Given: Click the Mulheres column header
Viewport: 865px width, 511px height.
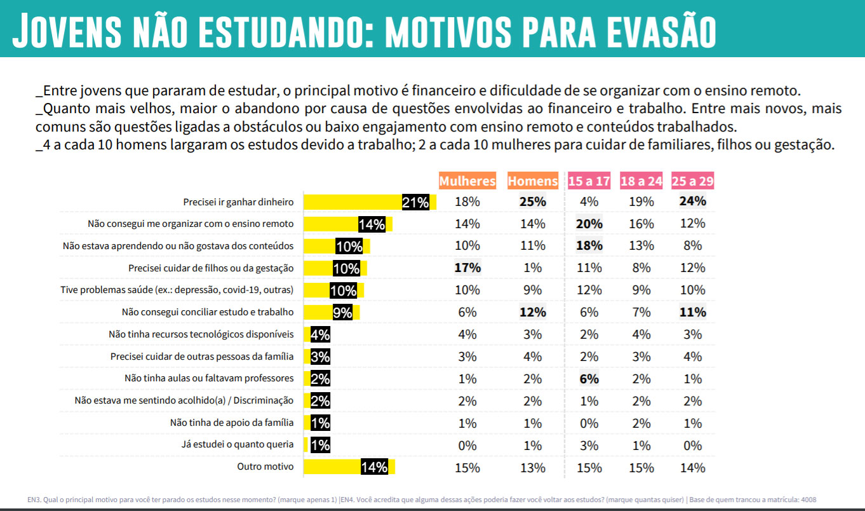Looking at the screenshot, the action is [x=467, y=181].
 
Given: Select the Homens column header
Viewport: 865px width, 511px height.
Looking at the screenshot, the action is [x=533, y=181].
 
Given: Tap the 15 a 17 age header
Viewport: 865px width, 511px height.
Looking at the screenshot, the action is [x=589, y=181].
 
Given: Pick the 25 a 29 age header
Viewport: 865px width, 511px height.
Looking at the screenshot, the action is [x=693, y=181].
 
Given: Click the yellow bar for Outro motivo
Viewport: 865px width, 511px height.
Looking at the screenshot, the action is [x=349, y=467].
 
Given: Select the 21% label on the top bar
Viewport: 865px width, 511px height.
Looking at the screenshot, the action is [x=415, y=202].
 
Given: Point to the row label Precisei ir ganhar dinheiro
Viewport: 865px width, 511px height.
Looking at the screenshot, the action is [x=238, y=202].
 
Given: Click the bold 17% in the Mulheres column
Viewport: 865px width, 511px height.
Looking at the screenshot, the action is [x=467, y=268].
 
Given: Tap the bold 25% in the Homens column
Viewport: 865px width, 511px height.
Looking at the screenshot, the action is [x=533, y=201].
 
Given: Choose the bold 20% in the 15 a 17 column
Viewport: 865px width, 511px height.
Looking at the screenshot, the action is [x=589, y=224].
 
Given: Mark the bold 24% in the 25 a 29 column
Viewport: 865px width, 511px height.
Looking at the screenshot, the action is [x=693, y=201].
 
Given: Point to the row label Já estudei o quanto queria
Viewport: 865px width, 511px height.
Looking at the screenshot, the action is [x=238, y=444].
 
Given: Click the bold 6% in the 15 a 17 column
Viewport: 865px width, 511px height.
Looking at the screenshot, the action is [x=589, y=379].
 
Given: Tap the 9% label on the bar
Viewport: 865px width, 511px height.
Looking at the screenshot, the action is [x=342, y=312].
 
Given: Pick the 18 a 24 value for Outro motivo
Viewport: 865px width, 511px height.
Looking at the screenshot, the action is [x=641, y=468].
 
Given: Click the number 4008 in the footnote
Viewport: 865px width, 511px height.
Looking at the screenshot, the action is [x=808, y=500].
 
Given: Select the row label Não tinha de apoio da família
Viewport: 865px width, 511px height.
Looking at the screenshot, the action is [x=232, y=423].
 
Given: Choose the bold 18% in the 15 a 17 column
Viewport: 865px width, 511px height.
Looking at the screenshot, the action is [x=589, y=245].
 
